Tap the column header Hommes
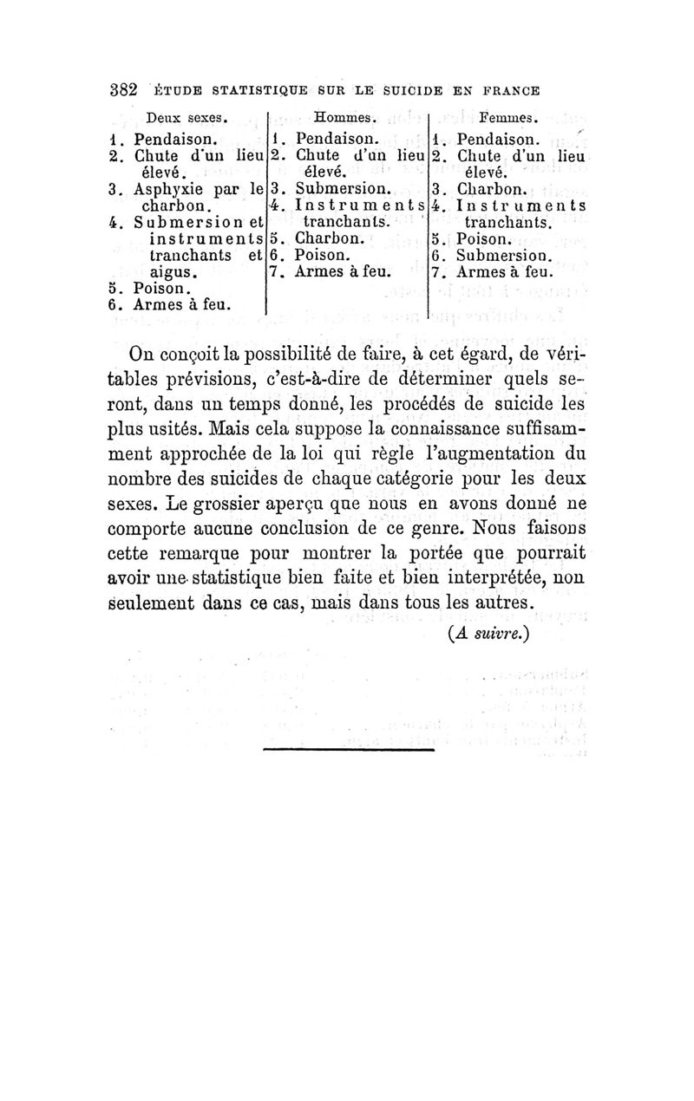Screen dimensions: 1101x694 (344, 117)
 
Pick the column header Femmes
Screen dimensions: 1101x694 (510, 117)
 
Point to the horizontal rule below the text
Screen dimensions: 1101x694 (347, 749)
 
